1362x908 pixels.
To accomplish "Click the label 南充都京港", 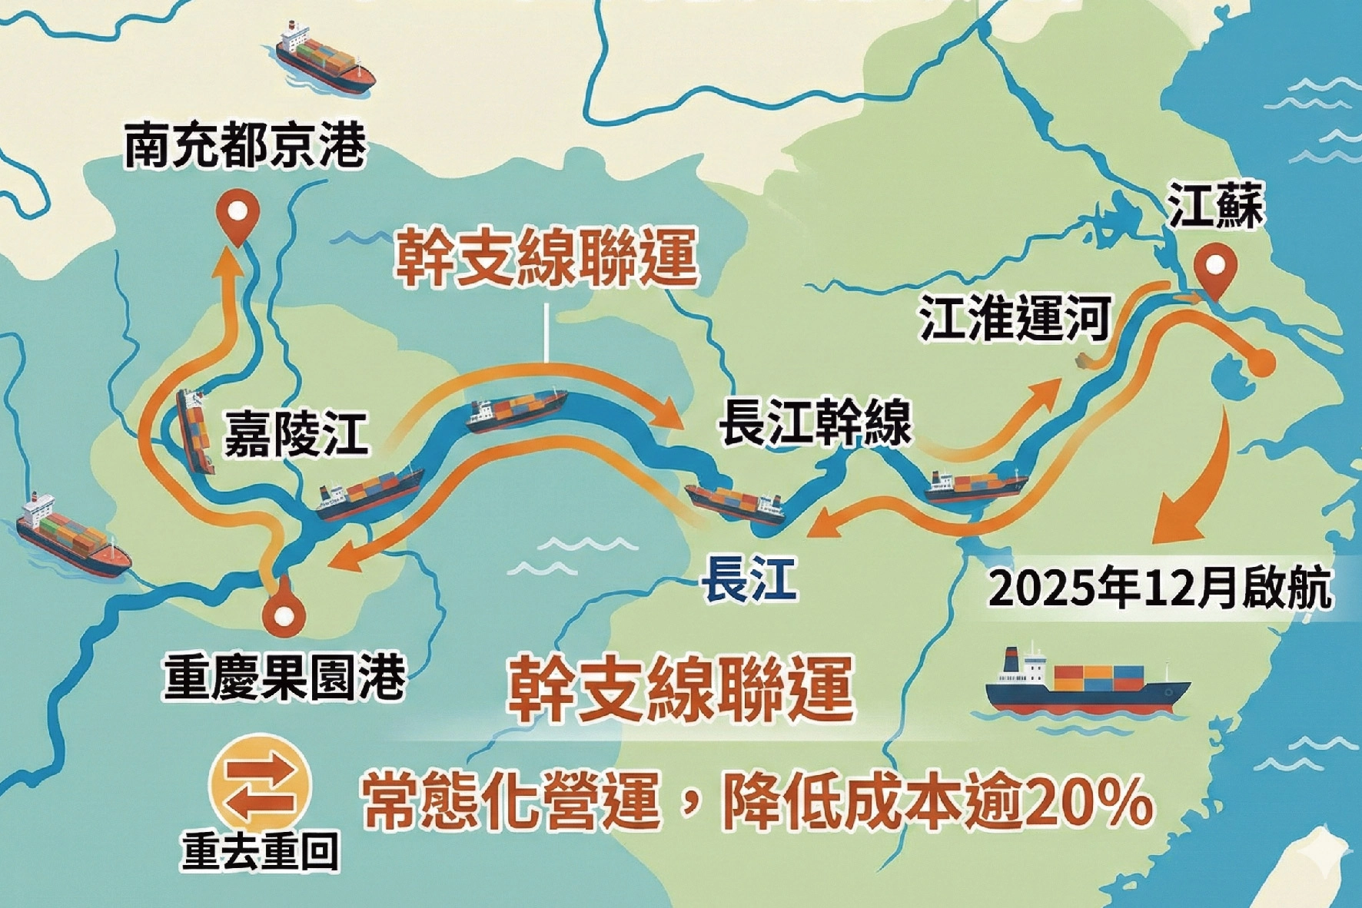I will (x=245, y=144).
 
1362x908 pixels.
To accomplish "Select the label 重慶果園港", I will (x=284, y=677).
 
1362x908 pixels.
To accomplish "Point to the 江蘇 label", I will (x=1215, y=206).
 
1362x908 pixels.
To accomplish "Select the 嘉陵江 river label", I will (x=296, y=432).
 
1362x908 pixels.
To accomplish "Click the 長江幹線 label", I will (x=815, y=421).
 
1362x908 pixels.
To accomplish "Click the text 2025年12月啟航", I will (x=1161, y=590).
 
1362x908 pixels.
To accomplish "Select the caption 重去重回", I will (x=261, y=850).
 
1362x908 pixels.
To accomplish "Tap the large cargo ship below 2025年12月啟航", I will (x=1086, y=682).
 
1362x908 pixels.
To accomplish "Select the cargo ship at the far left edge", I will (x=72, y=535).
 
